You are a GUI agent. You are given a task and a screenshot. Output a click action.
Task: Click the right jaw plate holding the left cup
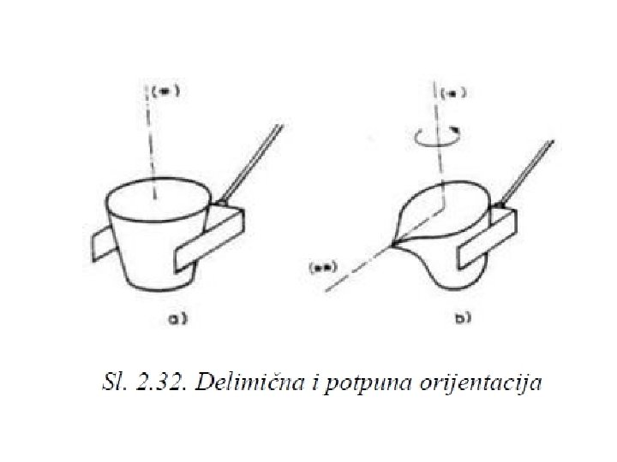pyautogui.click(x=209, y=244)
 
